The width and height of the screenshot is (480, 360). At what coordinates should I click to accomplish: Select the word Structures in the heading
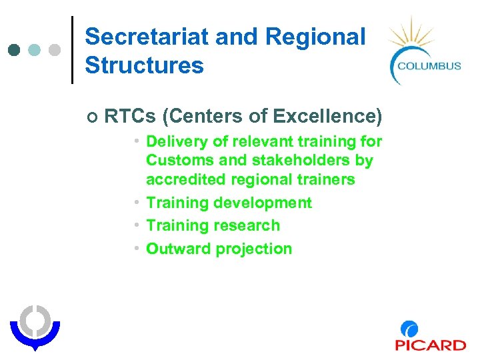[x=144, y=66]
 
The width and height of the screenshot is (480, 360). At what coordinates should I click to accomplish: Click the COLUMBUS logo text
[x=429, y=65]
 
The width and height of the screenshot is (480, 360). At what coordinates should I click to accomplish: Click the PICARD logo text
[x=430, y=345]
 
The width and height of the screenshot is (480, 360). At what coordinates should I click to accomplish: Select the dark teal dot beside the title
[x=15, y=50]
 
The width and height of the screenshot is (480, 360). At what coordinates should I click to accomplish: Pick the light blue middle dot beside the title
[x=35, y=50]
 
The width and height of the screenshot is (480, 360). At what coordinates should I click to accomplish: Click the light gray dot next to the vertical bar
[x=55, y=50]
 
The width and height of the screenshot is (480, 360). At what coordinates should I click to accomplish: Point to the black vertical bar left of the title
[x=72, y=49]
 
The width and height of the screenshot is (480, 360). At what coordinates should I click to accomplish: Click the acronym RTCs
[x=130, y=117]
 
